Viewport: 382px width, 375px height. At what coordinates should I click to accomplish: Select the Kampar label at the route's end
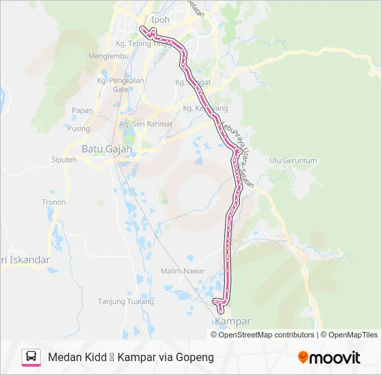pos(233,322)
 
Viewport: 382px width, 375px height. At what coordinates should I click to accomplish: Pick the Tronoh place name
pos(53,202)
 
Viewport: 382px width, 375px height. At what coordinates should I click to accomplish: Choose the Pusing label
pos(78,128)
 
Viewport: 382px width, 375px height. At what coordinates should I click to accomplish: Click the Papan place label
pos(82,110)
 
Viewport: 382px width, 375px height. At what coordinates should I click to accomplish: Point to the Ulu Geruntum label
pos(293,160)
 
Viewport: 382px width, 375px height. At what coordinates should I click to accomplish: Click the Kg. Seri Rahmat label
pos(146,124)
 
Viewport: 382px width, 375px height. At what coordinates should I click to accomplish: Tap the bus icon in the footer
pos(31,357)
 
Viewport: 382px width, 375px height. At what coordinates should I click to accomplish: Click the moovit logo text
pos(335,358)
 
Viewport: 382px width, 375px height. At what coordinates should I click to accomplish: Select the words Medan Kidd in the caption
pos(75,357)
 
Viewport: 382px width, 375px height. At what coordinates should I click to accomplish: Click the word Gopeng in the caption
pos(195,357)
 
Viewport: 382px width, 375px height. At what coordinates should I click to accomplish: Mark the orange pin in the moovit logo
pos(304,358)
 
